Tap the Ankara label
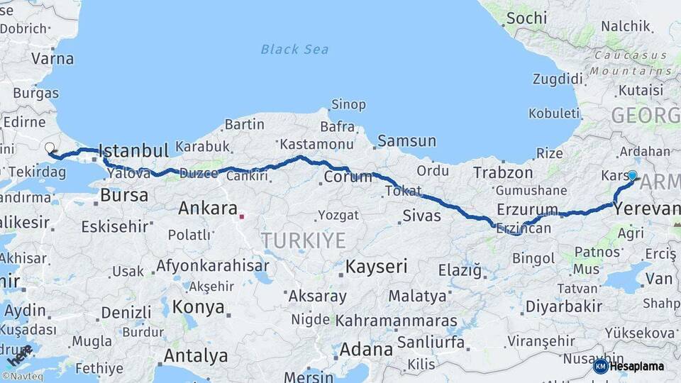(x=207, y=209)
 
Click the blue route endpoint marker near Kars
(x=632, y=175)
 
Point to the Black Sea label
(x=294, y=49)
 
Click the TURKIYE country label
(x=303, y=240)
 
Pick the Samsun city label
(x=406, y=140)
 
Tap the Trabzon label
(x=503, y=172)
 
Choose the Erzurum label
(x=527, y=209)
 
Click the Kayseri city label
(x=376, y=267)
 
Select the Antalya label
(x=196, y=355)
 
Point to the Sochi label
(x=526, y=18)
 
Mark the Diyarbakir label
(x=563, y=306)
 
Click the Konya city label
(x=199, y=307)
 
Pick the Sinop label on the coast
(x=348, y=104)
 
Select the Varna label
(x=52, y=58)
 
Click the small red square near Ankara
(x=241, y=216)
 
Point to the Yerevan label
(x=646, y=209)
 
